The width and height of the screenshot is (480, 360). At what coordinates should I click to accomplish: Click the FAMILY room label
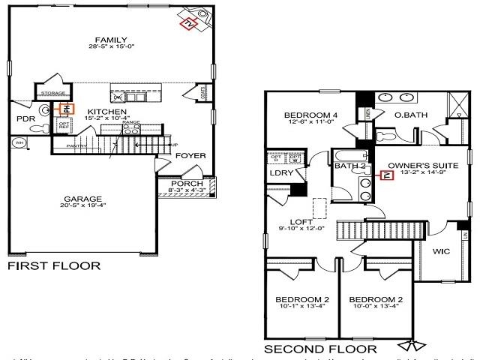tap(110, 40)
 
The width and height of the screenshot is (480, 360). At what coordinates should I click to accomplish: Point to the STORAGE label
tap(52, 92)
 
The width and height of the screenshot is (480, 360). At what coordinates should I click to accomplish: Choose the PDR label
tap(25, 118)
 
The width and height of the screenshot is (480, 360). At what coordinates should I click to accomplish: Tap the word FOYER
tap(190, 156)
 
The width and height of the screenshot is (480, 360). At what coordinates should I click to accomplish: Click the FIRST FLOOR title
tap(53, 265)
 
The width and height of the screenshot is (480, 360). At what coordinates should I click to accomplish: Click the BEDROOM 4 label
tap(310, 115)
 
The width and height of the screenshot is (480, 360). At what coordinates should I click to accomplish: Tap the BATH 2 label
tap(350, 166)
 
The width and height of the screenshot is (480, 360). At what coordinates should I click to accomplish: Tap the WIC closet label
tap(441, 252)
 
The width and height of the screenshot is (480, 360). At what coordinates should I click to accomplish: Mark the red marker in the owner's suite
tap(387, 176)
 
